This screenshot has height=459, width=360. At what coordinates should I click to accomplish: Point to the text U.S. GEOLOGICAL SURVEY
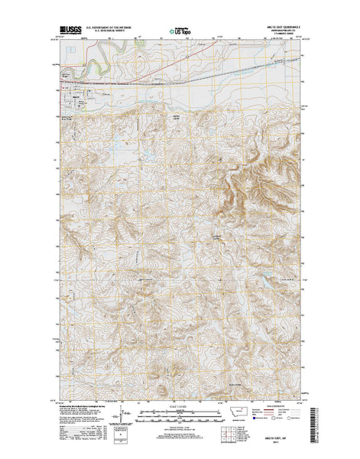click(x=109, y=31)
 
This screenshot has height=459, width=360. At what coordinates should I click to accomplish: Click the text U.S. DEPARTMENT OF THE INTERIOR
click(x=109, y=27)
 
